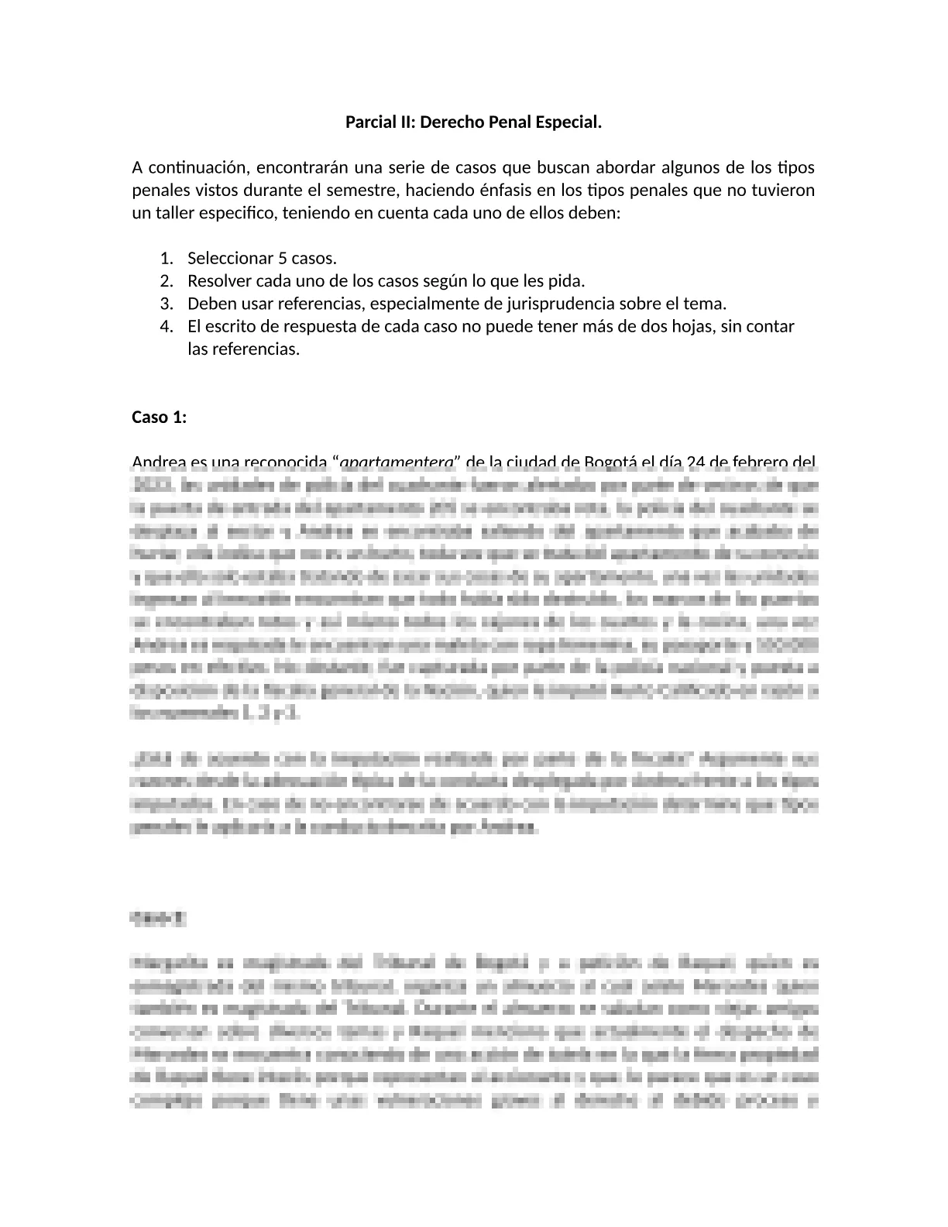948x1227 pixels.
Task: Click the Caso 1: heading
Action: pos(160,418)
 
